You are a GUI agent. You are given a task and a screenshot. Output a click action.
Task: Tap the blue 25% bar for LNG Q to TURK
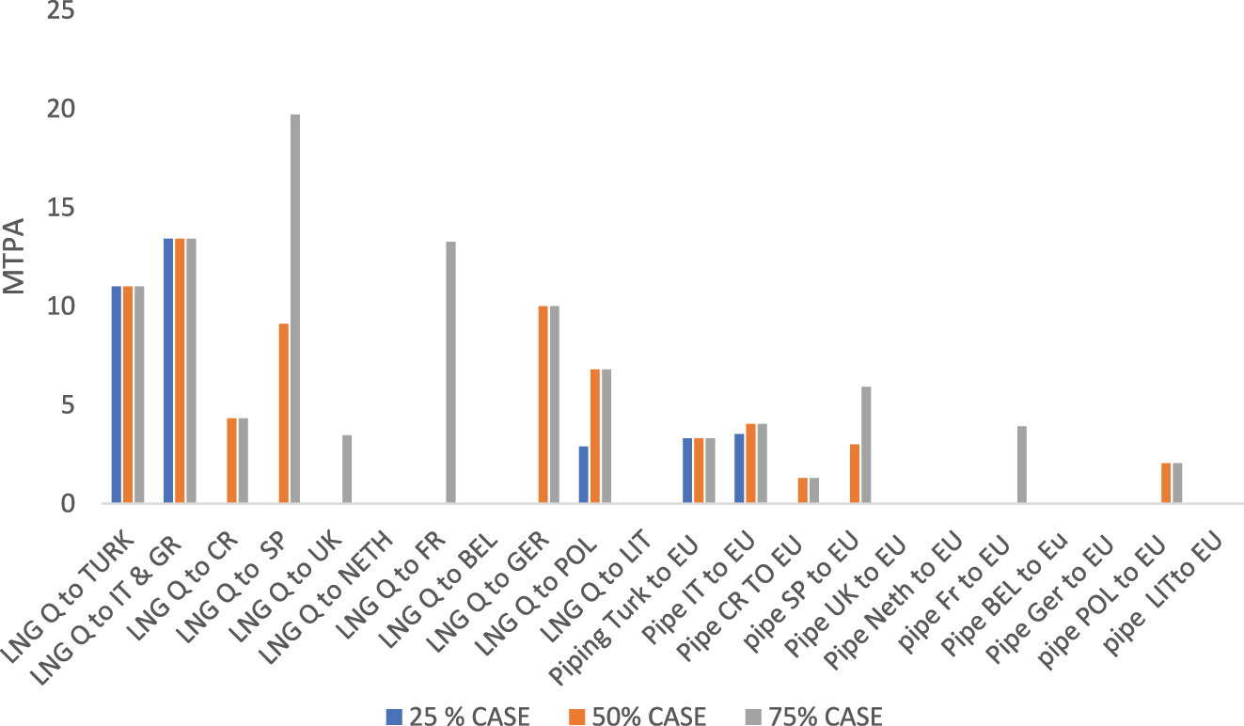click(117, 395)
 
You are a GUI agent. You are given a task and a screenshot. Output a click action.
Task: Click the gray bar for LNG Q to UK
click(347, 469)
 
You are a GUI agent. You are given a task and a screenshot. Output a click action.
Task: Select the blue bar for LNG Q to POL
click(584, 475)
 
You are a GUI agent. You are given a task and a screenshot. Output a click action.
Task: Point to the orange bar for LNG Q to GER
click(543, 404)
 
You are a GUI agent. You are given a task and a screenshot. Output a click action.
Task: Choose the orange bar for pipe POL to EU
click(1167, 483)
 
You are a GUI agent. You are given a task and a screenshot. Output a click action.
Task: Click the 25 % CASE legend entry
click(458, 717)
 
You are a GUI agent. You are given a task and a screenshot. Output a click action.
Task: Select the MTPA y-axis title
click(16, 255)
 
